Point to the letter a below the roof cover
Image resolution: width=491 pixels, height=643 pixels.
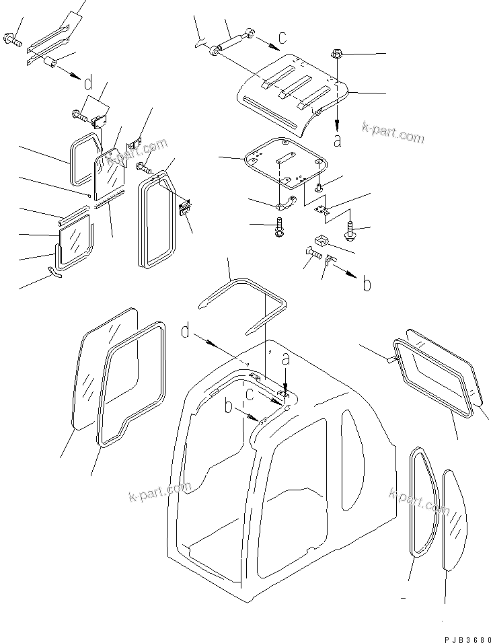[x=338, y=141]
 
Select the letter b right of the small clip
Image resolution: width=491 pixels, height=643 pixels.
[x=367, y=285]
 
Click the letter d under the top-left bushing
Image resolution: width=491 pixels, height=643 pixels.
[x=87, y=84]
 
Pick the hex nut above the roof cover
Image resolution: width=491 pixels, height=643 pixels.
[x=338, y=53]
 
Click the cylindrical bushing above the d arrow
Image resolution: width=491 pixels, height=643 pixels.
[x=50, y=65]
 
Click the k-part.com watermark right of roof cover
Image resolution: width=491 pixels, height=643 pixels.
[x=393, y=133]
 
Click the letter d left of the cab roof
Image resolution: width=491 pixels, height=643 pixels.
[x=186, y=330]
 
